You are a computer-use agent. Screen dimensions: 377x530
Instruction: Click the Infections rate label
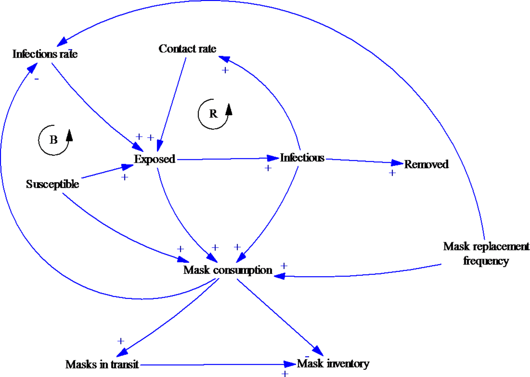45,54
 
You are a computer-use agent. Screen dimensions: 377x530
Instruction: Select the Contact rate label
187,49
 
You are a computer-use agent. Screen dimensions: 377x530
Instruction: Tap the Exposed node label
154,159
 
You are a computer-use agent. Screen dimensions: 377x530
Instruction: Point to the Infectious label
302,158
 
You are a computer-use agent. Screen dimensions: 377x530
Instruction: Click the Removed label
426,164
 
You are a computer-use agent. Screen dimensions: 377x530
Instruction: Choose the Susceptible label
52,184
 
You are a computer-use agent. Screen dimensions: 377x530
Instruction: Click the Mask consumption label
228,270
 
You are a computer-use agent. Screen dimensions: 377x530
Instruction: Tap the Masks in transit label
102,365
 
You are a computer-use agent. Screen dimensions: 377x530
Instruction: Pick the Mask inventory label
333,364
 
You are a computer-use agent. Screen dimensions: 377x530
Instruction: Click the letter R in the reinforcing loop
213,114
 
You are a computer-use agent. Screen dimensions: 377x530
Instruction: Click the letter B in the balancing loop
54,140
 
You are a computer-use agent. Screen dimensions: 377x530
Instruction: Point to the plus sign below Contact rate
225,70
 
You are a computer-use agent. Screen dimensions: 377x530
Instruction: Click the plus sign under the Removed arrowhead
392,173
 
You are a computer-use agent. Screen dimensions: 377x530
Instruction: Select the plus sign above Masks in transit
121,341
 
